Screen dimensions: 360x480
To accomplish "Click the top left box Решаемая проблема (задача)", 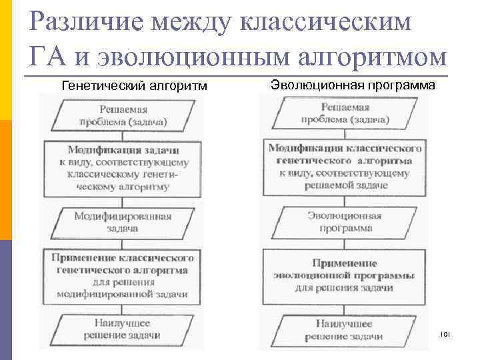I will point(124,115).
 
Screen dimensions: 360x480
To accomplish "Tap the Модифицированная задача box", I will point(123,222).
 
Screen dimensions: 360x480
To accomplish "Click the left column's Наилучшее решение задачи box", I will point(123,329).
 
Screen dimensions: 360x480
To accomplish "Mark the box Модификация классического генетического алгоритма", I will point(345,166).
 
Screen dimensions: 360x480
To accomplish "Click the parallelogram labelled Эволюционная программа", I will point(345,222).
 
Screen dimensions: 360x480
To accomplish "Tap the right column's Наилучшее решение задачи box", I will point(345,329).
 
